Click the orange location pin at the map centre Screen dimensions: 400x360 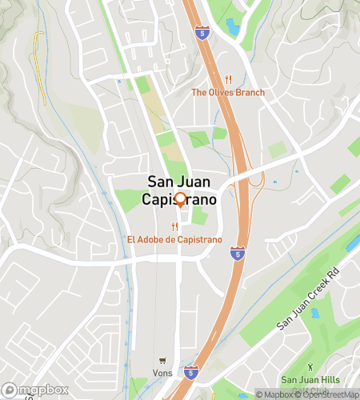(x=180, y=200)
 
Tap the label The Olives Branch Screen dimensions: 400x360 (x=228, y=92)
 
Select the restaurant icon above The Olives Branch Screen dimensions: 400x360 (x=228, y=79)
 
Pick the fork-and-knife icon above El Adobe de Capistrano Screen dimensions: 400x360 (x=174, y=226)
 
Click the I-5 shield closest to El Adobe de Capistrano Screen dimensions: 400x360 (x=238, y=253)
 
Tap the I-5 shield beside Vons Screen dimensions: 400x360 (x=190, y=371)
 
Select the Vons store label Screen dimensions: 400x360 (x=162, y=374)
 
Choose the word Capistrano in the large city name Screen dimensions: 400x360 (x=179, y=199)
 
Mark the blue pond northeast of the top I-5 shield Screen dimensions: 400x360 (x=232, y=27)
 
